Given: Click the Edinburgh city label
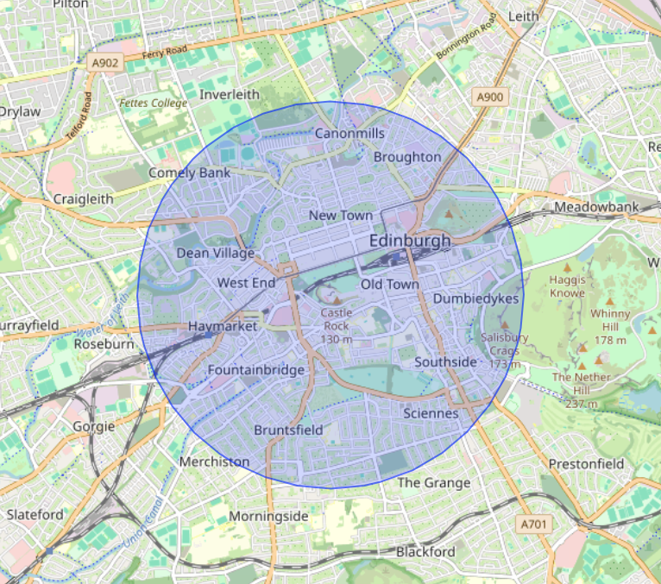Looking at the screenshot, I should point(410,241).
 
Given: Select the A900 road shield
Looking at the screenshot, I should point(490,98).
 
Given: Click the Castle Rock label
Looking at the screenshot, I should point(336,326).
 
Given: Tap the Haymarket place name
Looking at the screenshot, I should point(223,327).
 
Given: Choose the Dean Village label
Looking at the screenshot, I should point(215,253).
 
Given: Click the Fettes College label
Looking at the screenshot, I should point(153,104).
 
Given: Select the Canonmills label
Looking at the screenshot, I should point(349,134).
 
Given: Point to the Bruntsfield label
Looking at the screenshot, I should point(288,430).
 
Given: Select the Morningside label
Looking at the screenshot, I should point(268,516).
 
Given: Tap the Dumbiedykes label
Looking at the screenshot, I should point(475,298).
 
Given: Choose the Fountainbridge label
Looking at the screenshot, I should point(256,370).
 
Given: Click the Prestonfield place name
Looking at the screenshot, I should point(586,463).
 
